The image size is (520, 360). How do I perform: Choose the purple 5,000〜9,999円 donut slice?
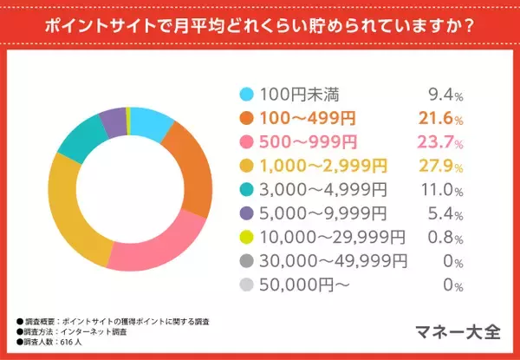click(x=113, y=120)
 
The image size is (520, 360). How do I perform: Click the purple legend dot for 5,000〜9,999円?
click(x=247, y=212)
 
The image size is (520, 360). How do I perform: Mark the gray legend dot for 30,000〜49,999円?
click(x=247, y=259)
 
